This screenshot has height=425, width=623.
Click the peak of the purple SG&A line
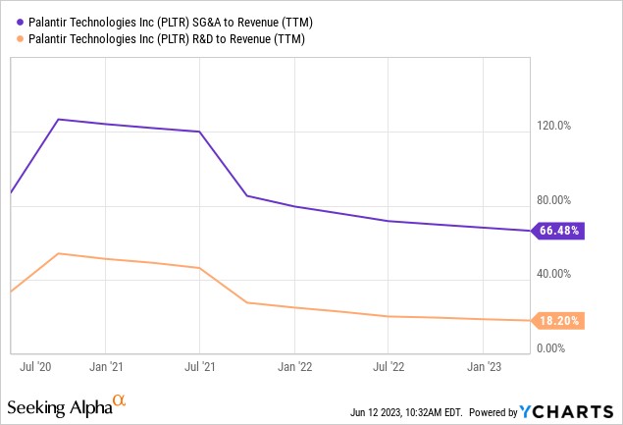click(x=59, y=119)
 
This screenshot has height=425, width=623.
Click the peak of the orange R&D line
click(x=59, y=253)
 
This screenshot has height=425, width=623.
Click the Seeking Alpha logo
click(x=67, y=405)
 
